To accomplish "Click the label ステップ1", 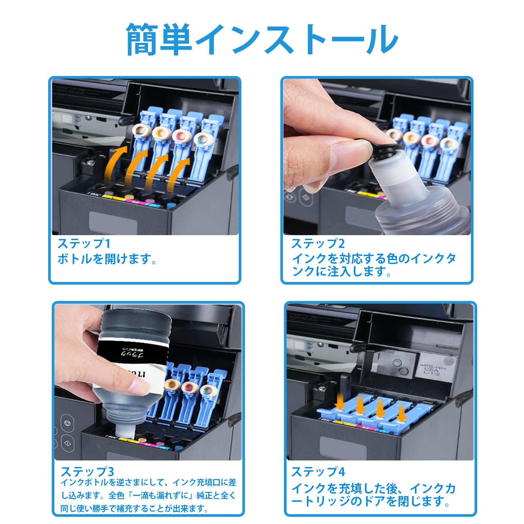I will pos(84,244).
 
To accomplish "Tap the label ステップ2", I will pos(318,244).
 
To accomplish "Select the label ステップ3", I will pos(87,472).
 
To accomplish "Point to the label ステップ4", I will pos(318,472).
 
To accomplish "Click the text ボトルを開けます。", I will pos(107,259).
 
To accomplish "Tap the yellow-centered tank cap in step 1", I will pos(160,133).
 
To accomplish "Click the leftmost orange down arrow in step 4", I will pos(340,405).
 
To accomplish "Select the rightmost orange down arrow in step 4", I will pos(401,416).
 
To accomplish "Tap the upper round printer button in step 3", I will pos(67,422).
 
